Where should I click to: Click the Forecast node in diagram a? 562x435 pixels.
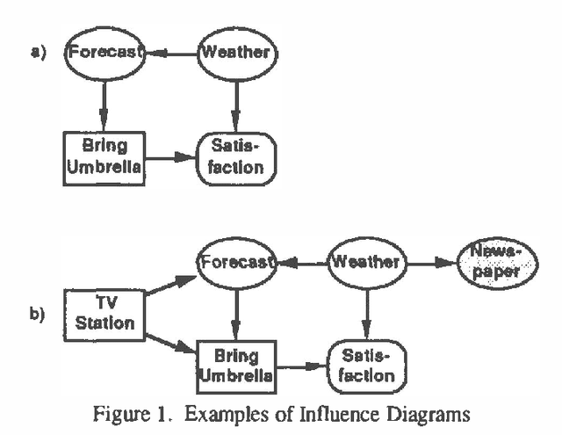click(104, 52)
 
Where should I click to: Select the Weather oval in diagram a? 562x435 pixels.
click(234, 52)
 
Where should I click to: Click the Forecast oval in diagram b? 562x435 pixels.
click(235, 262)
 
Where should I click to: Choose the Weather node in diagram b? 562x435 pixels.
click(366, 262)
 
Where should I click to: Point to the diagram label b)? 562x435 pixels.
click(37, 312)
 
